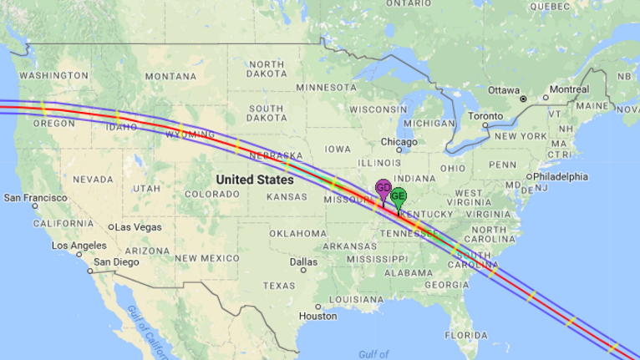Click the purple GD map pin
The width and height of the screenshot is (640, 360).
[383, 189]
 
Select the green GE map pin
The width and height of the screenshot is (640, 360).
[399, 198]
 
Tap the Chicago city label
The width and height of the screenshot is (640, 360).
[400, 142]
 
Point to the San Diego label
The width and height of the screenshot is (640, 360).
[114, 262]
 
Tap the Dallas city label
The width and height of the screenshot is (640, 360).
[299, 261]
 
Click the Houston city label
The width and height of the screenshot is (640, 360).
[317, 316]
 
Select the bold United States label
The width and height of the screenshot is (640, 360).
[255, 180]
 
